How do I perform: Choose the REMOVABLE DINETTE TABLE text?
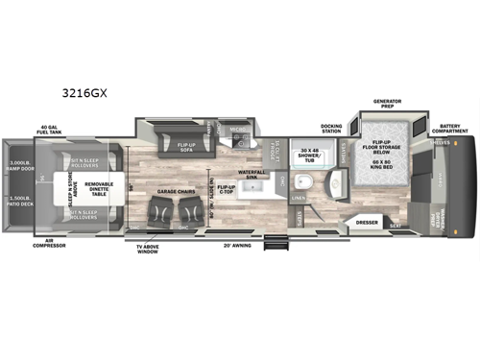point(99,187)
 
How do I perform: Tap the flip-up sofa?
point(188,147)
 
